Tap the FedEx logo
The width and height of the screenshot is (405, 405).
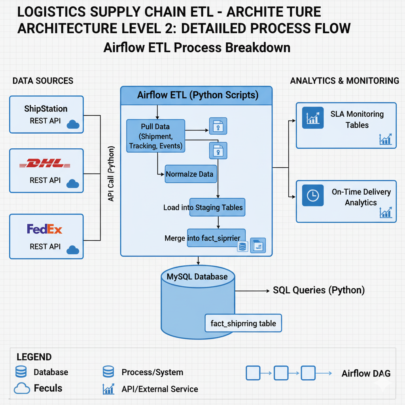pyautogui.click(x=45, y=229)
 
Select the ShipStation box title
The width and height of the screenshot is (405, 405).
pyautogui.click(x=46, y=109)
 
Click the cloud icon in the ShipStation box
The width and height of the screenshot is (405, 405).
pyautogui.click(x=73, y=125)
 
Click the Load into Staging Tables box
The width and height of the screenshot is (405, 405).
pyautogui.click(x=217, y=207)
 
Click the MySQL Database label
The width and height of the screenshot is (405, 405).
pyautogui.click(x=197, y=276)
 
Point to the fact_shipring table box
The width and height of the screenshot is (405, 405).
pyautogui.click(x=243, y=324)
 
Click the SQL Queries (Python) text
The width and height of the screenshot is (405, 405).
pyautogui.click(x=318, y=290)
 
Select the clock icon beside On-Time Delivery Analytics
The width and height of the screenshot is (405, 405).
pyautogui.click(x=312, y=195)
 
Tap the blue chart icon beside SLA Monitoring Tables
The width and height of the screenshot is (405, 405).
pyautogui.click(x=312, y=117)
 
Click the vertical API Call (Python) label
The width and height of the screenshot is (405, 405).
pyautogui.click(x=111, y=174)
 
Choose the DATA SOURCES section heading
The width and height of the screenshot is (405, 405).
pyautogui.click(x=43, y=81)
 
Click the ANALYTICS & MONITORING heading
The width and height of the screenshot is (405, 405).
pyautogui.click(x=344, y=81)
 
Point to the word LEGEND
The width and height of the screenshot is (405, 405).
pyautogui.click(x=34, y=357)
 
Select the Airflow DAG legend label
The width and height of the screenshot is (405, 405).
pyautogui.click(x=366, y=373)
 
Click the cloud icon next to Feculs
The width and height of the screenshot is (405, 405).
pyautogui.click(x=22, y=389)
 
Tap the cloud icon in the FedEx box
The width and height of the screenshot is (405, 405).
pyautogui.click(x=73, y=250)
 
